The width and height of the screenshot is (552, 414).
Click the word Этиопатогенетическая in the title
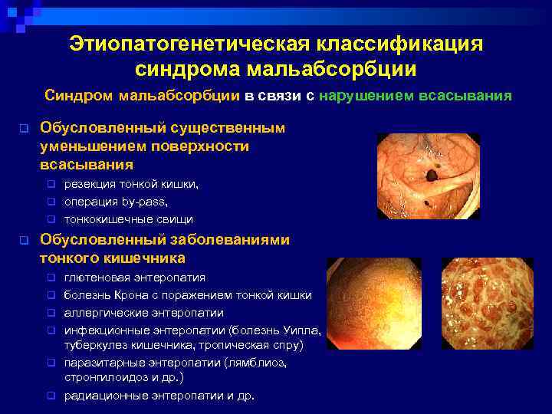179,44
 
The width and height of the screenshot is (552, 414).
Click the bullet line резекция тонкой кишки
131,184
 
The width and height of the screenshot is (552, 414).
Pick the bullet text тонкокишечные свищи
128,219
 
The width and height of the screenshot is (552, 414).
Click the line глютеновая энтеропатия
135,277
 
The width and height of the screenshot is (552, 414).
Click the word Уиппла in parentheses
299,330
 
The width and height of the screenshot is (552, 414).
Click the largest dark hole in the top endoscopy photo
432,176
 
